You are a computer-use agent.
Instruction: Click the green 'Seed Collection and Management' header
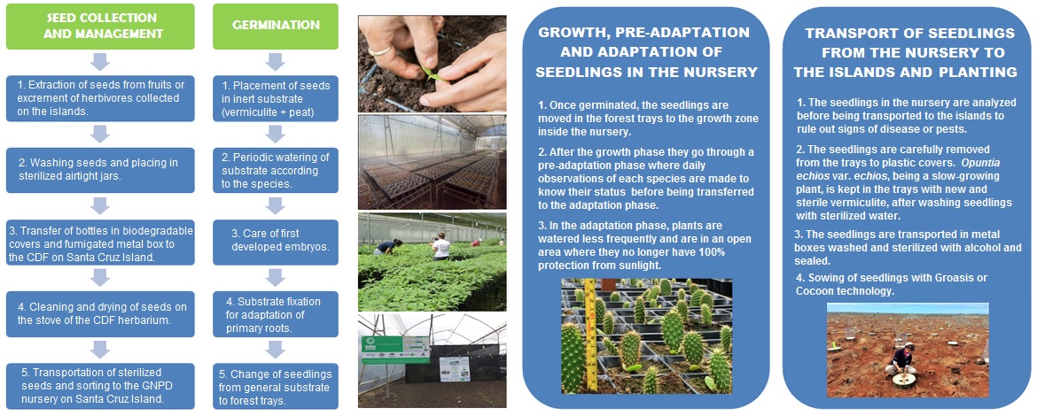(100, 26)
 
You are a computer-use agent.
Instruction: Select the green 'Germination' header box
(276, 26)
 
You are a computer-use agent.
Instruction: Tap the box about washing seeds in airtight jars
(100, 169)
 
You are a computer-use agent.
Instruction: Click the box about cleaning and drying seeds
(100, 312)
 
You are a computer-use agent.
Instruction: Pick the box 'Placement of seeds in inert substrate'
(276, 98)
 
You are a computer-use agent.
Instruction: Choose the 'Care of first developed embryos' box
(276, 242)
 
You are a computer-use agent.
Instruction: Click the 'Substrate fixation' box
(276, 313)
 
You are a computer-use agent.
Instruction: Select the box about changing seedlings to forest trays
(276, 385)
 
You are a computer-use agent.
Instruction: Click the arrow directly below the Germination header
(276, 62)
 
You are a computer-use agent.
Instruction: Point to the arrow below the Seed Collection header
(100, 62)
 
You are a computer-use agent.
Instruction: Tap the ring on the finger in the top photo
(379, 50)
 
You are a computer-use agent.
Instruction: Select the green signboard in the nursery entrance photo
(396, 350)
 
